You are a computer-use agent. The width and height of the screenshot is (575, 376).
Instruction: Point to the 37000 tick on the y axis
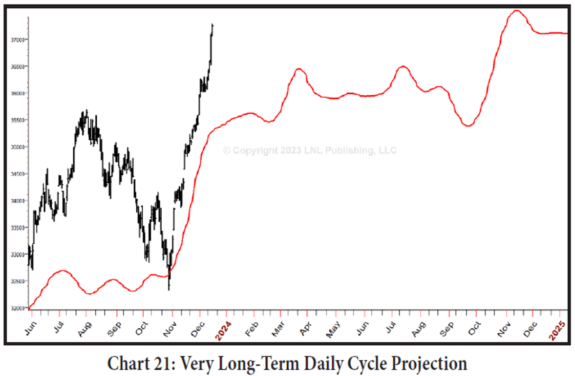[x=19, y=40]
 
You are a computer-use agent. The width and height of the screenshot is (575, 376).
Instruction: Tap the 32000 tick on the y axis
[x=19, y=308]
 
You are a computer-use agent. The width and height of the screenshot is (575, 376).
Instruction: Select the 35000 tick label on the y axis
[x=19, y=147]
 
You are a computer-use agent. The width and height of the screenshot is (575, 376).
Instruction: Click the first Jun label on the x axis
[x=30, y=324]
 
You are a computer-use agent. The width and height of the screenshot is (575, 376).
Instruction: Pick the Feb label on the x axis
[x=251, y=325]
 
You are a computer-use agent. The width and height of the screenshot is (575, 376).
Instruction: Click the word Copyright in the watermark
[x=253, y=150]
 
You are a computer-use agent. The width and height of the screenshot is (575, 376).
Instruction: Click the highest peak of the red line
[x=516, y=10]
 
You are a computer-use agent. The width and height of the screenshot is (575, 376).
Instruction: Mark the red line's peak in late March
[x=299, y=69]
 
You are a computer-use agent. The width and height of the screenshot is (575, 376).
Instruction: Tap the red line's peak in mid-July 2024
[x=403, y=66]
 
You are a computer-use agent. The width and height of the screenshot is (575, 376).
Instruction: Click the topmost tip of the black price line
[x=212, y=23]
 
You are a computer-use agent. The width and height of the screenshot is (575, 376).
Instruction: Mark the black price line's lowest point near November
[x=169, y=290]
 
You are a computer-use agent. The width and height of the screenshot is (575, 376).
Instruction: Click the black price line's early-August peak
[x=86, y=110]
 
